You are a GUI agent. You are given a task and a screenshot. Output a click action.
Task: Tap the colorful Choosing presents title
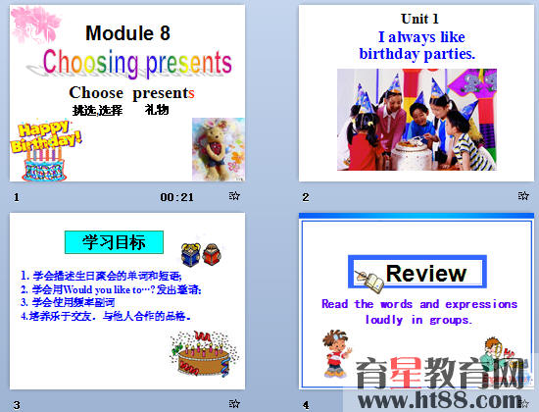137,63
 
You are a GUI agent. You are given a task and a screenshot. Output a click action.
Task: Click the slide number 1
16,197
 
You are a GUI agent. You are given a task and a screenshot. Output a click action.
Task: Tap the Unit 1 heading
419,19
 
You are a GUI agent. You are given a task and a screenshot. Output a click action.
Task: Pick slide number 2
305,197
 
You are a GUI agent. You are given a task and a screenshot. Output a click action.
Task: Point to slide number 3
16,404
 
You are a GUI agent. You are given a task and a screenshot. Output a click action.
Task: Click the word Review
425,273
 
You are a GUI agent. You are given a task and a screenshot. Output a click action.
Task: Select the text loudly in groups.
418,320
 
